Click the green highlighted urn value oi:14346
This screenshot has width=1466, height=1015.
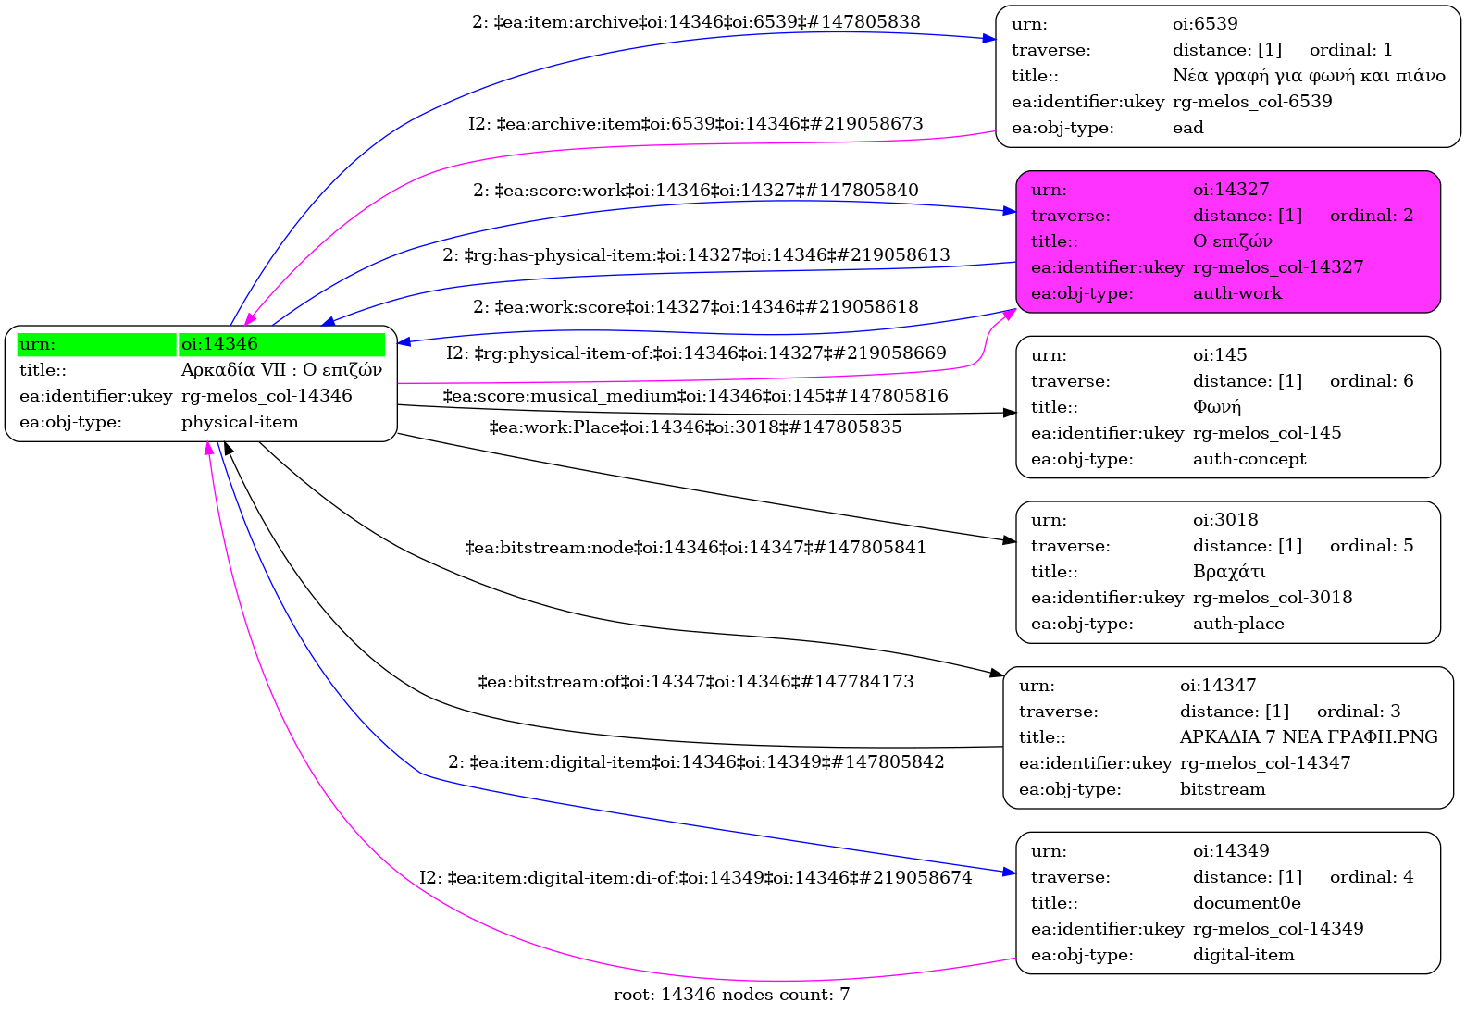(219, 344)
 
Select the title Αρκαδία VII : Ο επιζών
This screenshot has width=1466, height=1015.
(281, 370)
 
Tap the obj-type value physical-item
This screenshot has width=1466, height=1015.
(240, 422)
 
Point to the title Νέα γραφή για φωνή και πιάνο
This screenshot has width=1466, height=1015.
(1309, 76)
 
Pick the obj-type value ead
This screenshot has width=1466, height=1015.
(1187, 128)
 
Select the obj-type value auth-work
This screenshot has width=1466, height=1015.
(1236, 293)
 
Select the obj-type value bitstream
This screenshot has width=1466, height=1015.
(1223, 789)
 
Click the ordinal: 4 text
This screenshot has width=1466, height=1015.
(1371, 877)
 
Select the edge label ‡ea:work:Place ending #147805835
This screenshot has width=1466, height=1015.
(696, 427)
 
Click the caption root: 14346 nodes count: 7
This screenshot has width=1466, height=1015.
(731, 995)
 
